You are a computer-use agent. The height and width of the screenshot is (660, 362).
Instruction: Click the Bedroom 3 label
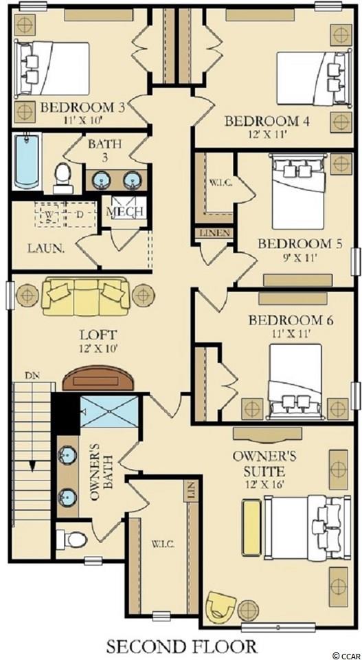[x=83, y=107]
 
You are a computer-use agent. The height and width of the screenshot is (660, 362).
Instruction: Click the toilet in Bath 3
[x=63, y=179]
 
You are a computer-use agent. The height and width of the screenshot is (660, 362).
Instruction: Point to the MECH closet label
[x=125, y=211]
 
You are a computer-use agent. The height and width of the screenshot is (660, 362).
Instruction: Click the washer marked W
[x=49, y=215]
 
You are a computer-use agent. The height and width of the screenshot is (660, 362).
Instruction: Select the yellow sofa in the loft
[x=85, y=296]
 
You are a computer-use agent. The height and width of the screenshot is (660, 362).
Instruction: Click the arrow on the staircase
[x=32, y=463]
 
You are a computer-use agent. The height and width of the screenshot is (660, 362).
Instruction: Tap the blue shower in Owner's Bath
[x=109, y=412]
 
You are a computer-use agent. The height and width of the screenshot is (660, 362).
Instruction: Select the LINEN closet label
[x=214, y=233]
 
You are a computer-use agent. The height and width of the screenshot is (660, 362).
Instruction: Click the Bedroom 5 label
[x=299, y=243]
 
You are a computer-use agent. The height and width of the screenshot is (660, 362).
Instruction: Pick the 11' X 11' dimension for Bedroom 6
[x=291, y=335]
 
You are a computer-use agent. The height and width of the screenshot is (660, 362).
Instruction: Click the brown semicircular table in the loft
[x=95, y=378]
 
